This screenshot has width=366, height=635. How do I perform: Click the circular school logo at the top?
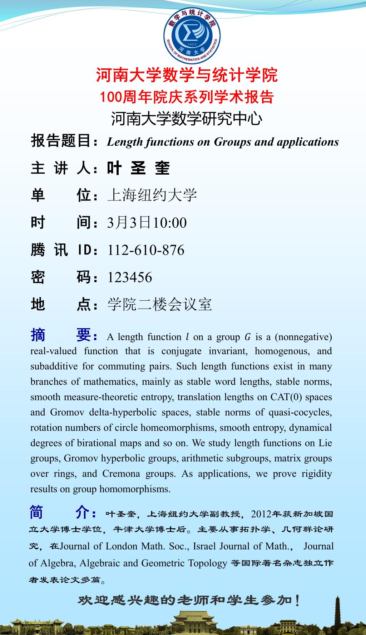click(x=192, y=34)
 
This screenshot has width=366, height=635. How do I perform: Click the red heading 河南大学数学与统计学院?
click(x=187, y=75)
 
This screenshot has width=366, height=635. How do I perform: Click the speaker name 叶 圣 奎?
click(x=138, y=168)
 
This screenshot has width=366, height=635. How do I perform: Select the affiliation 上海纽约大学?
click(x=152, y=195)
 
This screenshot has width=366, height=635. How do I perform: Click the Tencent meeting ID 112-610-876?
click(x=146, y=250)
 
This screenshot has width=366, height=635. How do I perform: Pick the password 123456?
click(x=130, y=277)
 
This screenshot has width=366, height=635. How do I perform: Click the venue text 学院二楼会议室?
click(x=160, y=305)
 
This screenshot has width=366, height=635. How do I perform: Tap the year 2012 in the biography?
click(x=261, y=514)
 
